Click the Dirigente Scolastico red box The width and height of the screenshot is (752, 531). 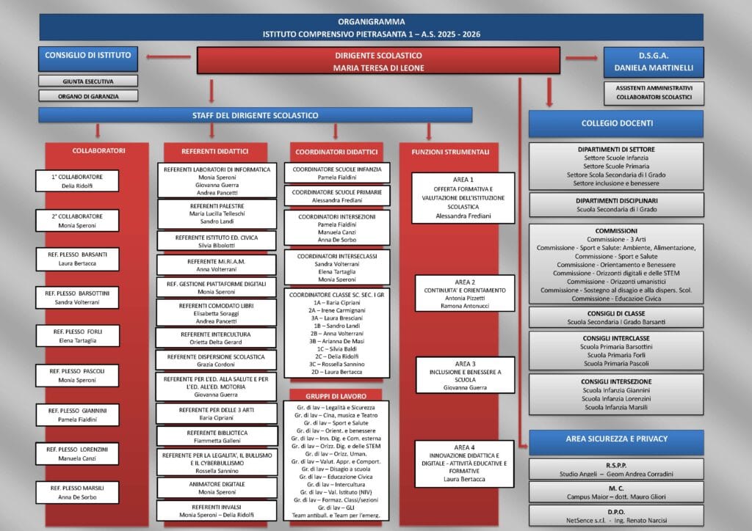coord(378,61)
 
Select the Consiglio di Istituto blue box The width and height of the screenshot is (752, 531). coord(88,55)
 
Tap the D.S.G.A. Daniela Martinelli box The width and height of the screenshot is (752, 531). coord(653,62)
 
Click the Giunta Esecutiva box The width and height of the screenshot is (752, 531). coord(87,81)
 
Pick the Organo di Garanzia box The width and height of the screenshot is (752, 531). coord(87,95)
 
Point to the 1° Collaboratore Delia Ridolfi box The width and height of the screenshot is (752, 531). coord(77,181)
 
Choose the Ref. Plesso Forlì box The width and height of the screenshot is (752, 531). coord(77,335)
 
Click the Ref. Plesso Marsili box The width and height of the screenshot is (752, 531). coord(77,492)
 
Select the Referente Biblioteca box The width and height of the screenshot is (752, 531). coord(217,436)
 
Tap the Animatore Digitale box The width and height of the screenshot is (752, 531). coord(217,488)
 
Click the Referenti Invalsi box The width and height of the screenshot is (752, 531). coord(217,510)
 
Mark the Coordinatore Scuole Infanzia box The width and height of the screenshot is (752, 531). coord(337,173)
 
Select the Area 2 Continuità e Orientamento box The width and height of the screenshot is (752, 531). coord(454,293)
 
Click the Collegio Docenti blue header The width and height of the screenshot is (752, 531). coord(616,123)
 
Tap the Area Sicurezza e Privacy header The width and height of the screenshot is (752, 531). coord(616,439)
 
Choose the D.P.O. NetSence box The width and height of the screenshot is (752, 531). coord(616,515)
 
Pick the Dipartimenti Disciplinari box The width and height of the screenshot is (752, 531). coord(616,205)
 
